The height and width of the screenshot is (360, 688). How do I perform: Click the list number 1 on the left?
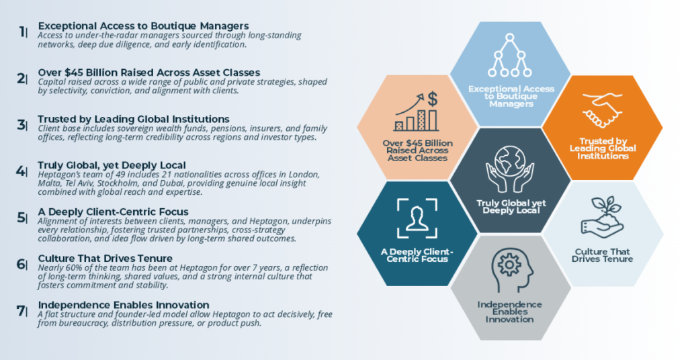point(22,31)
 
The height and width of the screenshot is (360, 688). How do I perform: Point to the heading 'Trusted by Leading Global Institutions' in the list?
point(134,120)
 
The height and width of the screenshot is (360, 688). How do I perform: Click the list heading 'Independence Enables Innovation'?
point(123,305)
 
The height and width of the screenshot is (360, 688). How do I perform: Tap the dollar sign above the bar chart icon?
point(433,99)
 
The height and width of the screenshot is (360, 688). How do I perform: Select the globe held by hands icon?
point(510,165)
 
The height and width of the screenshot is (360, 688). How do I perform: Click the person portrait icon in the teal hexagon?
point(418,218)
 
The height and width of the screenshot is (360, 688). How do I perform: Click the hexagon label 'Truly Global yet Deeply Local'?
point(511,206)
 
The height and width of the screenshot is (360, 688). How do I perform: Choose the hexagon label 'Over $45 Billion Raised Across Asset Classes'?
point(417,150)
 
